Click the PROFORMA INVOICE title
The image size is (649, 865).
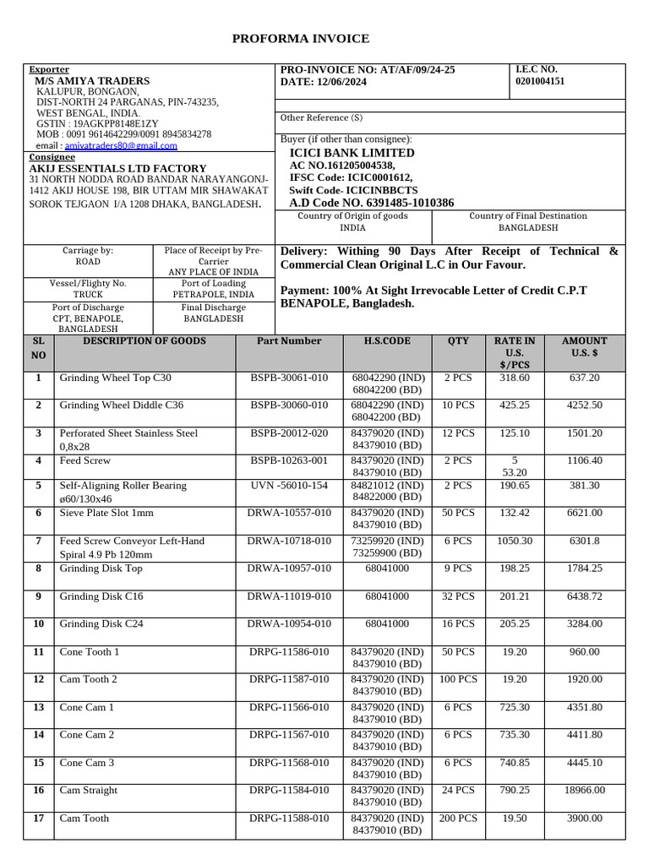tap(300, 39)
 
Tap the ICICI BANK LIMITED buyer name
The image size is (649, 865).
tap(352, 153)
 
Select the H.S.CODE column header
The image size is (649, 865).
tap(386, 341)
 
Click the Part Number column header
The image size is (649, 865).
tap(289, 341)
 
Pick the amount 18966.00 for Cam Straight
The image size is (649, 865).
tap(584, 791)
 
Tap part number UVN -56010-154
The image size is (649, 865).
tap(289, 486)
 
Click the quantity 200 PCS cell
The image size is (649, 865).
tap(457, 819)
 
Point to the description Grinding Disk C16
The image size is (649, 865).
tap(101, 596)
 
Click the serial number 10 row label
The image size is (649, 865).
tap(39, 624)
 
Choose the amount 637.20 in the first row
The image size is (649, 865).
tap(584, 378)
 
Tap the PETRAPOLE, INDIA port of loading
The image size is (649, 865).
tap(213, 295)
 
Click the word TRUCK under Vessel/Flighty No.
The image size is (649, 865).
tap(88, 295)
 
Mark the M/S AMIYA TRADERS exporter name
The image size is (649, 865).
tap(92, 81)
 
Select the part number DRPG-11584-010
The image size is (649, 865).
tap(289, 791)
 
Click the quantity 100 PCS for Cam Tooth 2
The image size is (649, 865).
tap(457, 679)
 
